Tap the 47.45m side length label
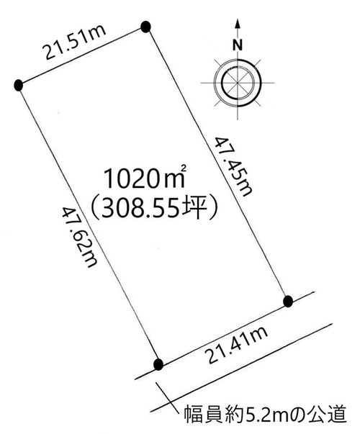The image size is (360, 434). coord(234,167)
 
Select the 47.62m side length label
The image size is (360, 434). coord(80,238)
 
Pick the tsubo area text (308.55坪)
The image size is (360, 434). coord(153,207)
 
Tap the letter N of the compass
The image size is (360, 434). coord(238,45)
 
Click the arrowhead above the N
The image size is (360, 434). coord(238,24)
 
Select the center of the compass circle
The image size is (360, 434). coord(238,83)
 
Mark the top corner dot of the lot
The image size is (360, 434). coord(145,27)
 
